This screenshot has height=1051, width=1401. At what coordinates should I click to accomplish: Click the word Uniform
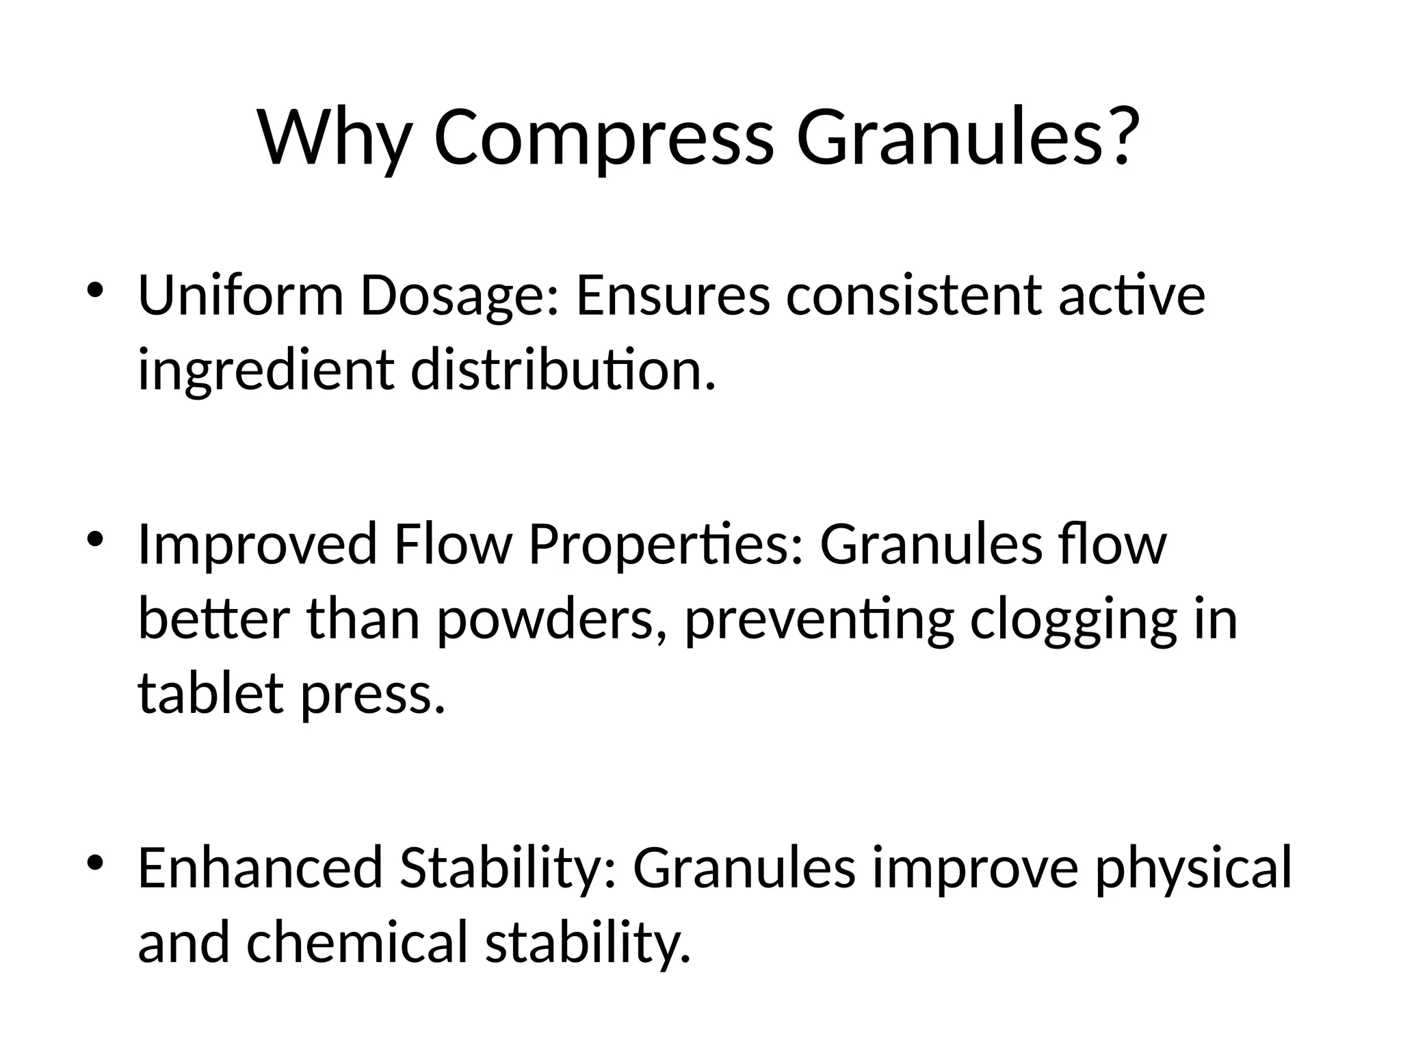point(240,296)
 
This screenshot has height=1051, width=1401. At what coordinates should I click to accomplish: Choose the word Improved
point(257,545)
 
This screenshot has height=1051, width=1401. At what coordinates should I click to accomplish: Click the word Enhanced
point(260,868)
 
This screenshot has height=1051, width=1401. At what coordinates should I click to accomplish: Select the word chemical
point(356,942)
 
